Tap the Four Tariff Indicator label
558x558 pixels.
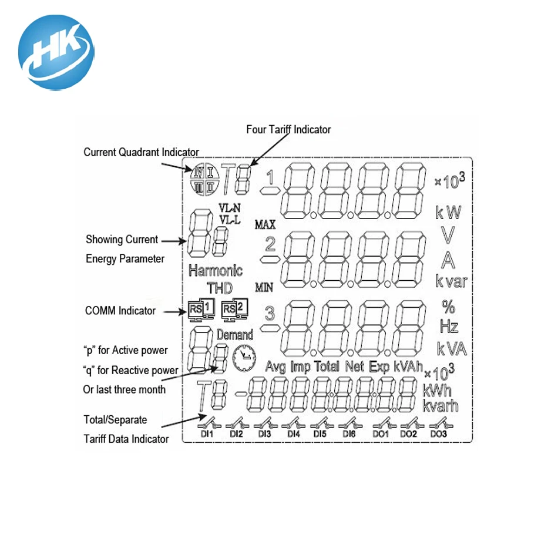288,129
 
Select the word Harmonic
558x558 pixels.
216,271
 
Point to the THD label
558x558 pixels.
220,288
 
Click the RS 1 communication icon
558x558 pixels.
200,310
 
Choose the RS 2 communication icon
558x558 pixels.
235,310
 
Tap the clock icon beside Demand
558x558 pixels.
243,358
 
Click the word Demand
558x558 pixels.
235,335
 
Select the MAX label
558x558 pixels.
265,224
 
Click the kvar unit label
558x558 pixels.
451,281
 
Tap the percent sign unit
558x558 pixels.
448,307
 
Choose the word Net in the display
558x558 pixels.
355,367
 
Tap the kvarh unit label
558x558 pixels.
441,405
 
